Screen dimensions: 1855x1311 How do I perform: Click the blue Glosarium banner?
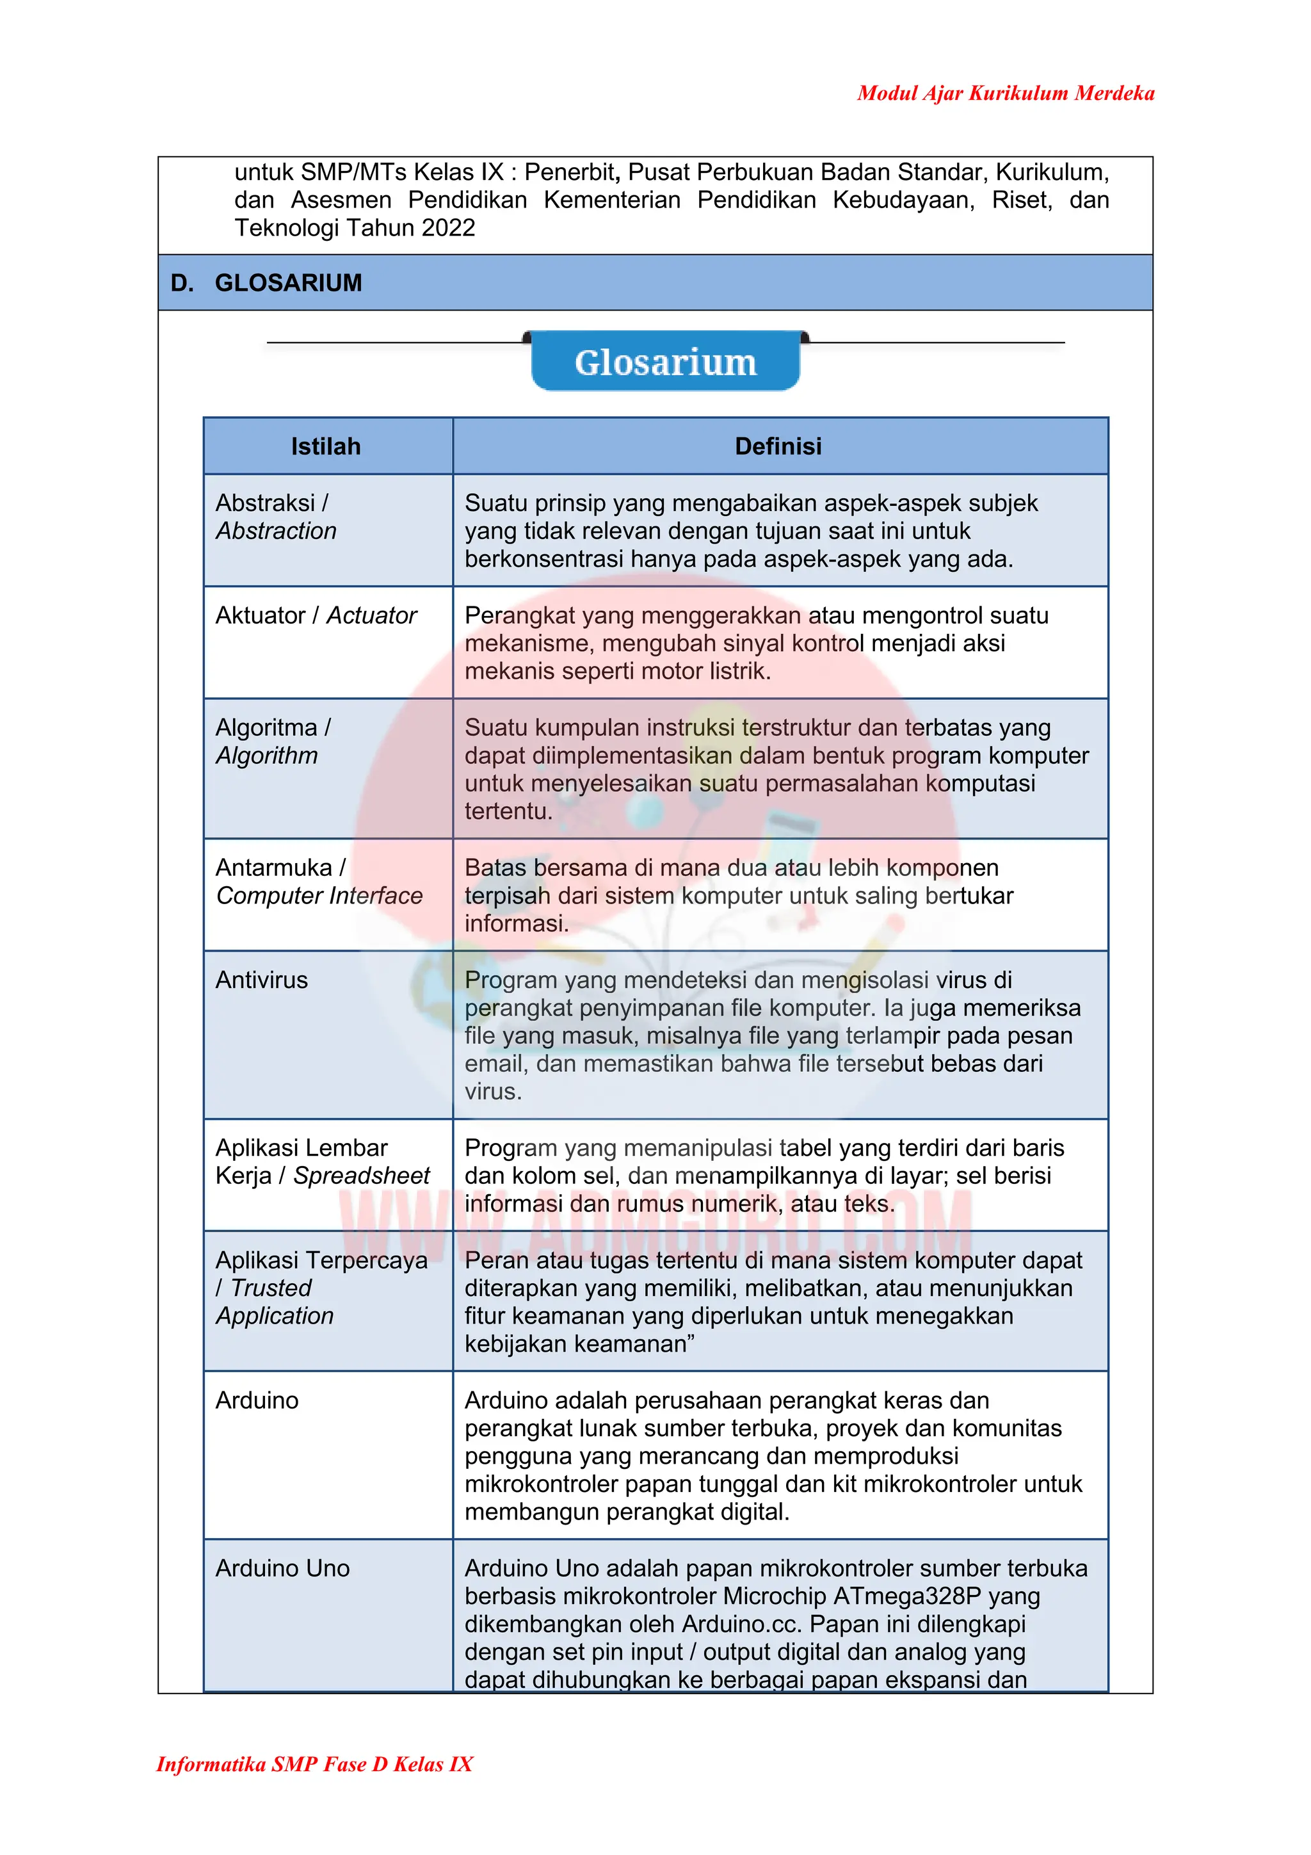(x=665, y=362)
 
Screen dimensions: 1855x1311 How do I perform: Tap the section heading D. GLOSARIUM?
(x=266, y=283)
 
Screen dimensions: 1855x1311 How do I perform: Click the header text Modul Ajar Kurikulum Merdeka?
(x=1005, y=93)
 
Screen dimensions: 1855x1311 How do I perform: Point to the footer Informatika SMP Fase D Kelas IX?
(x=314, y=1763)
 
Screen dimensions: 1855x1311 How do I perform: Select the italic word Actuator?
(x=371, y=615)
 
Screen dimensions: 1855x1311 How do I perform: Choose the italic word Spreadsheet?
(x=361, y=1176)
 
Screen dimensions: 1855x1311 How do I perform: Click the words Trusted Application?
(x=274, y=1302)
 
